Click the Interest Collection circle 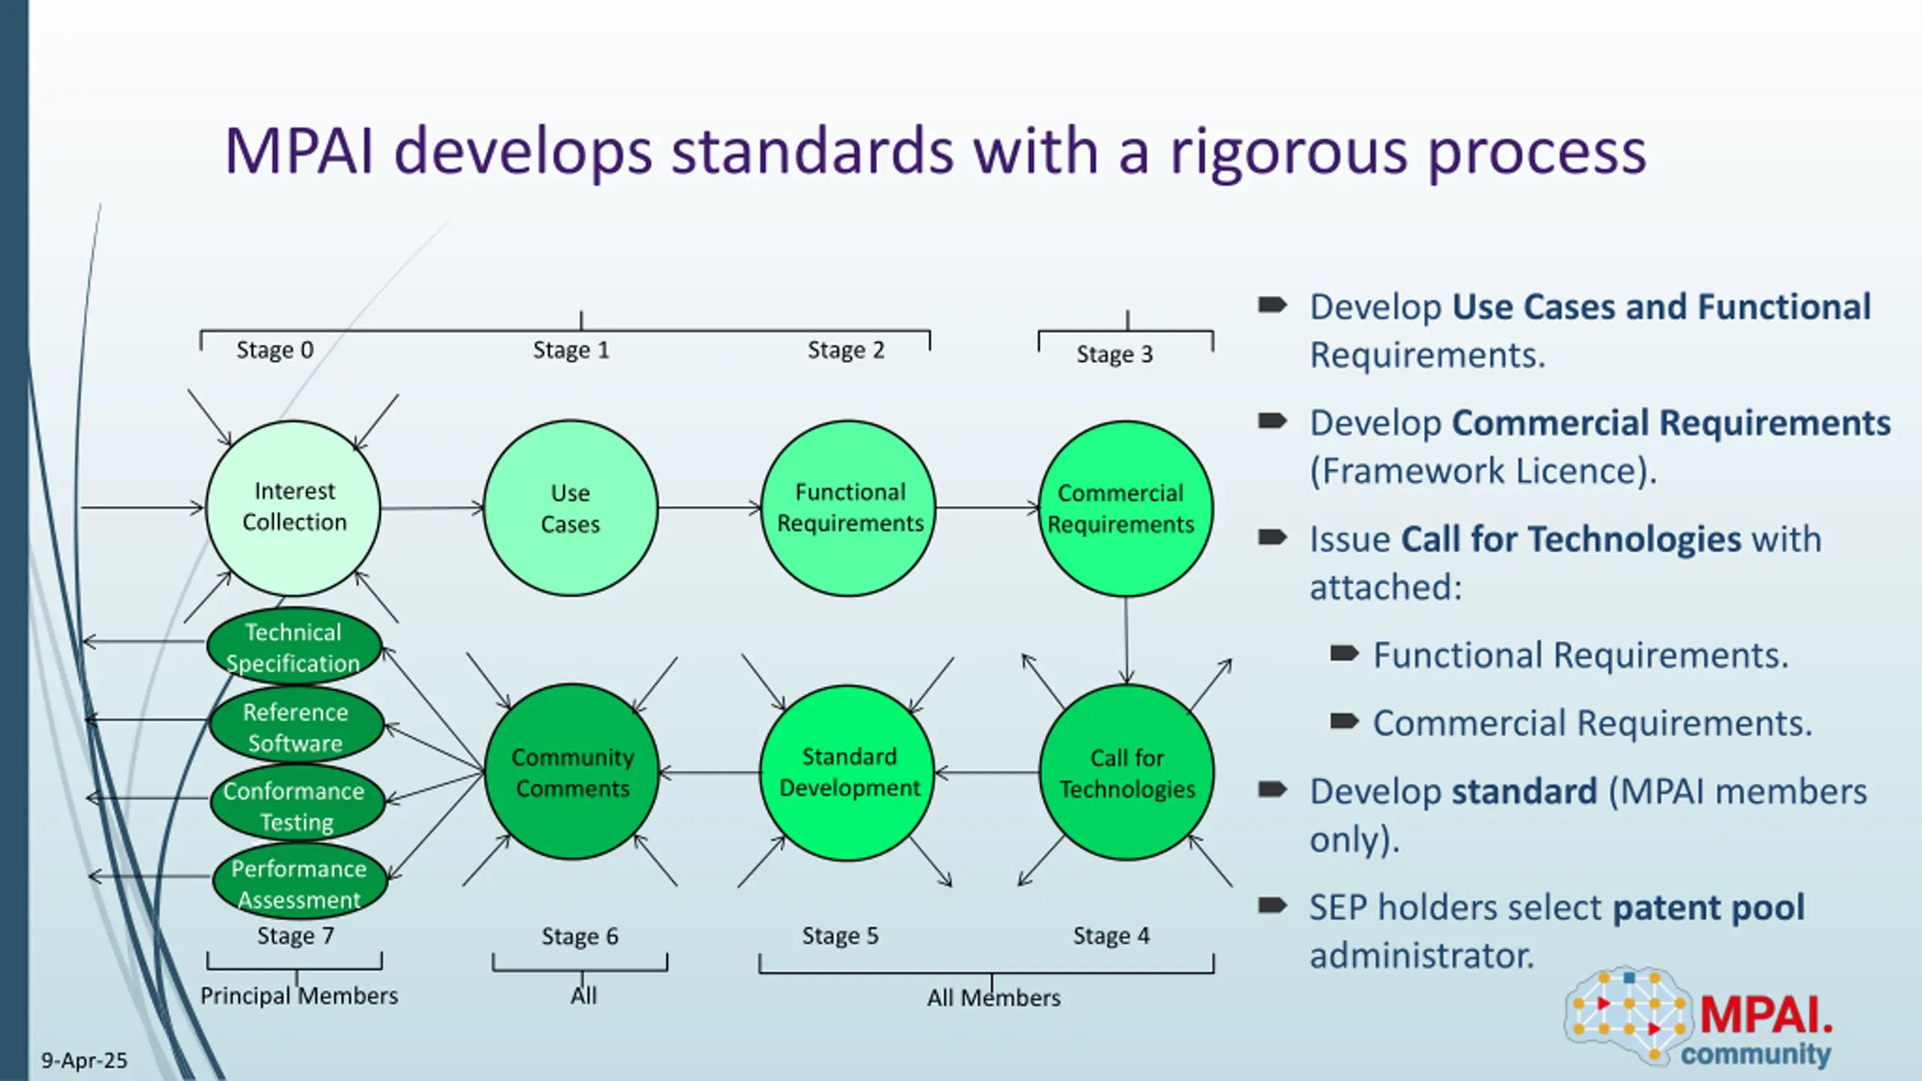[294, 507]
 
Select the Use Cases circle [571, 508]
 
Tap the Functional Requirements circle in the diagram [848, 508]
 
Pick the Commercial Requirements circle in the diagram [1125, 508]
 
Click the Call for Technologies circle [1126, 772]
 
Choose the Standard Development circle [848, 772]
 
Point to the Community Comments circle [572, 772]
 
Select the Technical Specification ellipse [294, 647]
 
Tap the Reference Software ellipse [296, 726]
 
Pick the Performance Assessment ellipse [299, 884]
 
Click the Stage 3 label [1114, 354]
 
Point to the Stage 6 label [580, 936]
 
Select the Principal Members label [299, 996]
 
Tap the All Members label [993, 998]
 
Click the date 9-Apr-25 [84, 1061]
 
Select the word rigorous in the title [1288, 153]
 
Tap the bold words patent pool [1708, 908]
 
